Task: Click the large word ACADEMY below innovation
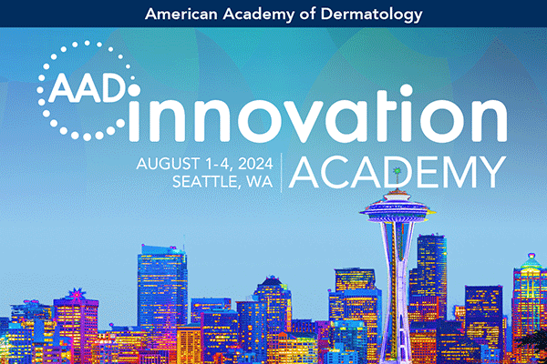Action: tap(398, 172)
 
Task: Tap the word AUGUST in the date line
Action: tap(163, 164)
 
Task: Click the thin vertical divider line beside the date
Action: tap(282, 172)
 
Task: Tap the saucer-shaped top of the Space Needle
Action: tap(397, 208)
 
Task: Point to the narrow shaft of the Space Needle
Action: tap(397, 273)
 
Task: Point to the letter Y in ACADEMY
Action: tap(490, 172)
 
